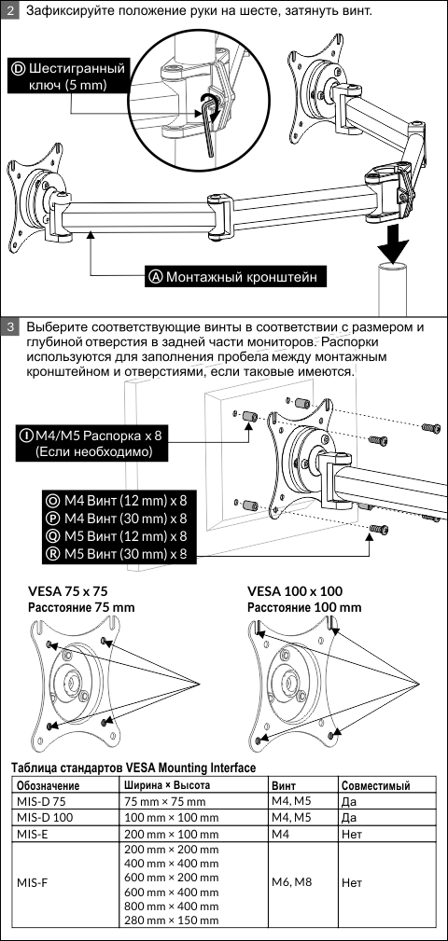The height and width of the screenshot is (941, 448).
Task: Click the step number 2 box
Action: coord(9,10)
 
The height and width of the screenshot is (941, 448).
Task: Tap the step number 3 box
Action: coord(9,327)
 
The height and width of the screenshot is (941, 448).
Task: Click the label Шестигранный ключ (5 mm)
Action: coord(67,76)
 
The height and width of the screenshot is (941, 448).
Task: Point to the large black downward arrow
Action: coord(392,242)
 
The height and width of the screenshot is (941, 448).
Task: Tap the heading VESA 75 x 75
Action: coord(68,590)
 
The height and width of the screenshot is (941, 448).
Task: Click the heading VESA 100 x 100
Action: coord(295,590)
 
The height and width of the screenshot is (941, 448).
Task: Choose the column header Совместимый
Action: coord(375,785)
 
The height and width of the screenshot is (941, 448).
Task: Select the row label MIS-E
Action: coord(32,834)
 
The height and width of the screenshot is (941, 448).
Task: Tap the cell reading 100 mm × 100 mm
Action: coord(171,818)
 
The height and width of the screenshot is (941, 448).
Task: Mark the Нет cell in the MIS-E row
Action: coord(351,834)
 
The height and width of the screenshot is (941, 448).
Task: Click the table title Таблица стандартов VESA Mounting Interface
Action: coord(133,768)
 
